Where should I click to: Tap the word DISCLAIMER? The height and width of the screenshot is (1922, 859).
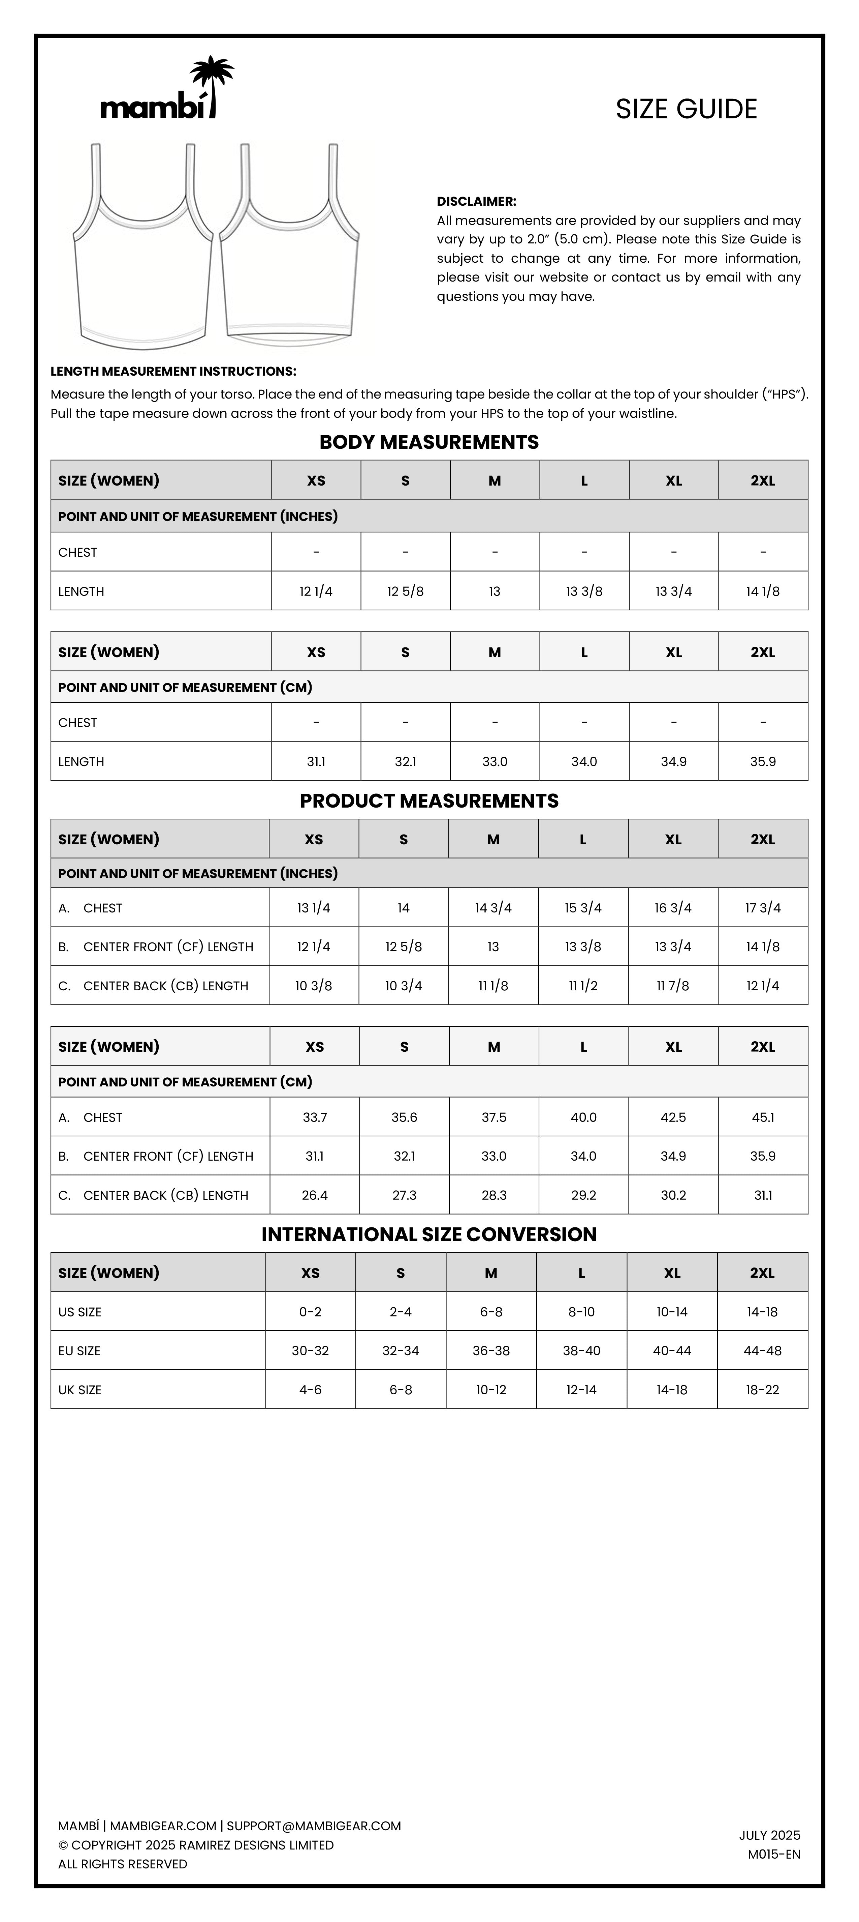click(x=476, y=201)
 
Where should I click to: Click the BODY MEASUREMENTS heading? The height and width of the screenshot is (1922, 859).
click(x=429, y=442)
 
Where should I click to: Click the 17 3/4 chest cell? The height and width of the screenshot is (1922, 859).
click(x=762, y=908)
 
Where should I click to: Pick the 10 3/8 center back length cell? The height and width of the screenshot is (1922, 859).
click(x=313, y=986)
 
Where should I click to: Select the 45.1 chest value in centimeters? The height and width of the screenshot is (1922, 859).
click(x=762, y=1117)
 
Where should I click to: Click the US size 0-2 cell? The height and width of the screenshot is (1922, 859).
click(x=310, y=1312)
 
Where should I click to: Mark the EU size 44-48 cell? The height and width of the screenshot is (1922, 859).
click(x=762, y=1350)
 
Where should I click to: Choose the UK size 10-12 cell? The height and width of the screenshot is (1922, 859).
click(x=491, y=1390)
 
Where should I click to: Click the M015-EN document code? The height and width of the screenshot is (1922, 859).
click(x=773, y=1854)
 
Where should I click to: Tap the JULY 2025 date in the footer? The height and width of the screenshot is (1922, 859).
click(x=769, y=1835)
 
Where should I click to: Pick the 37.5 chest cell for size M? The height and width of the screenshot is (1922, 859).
click(x=494, y=1117)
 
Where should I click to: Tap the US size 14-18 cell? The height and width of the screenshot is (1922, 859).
click(x=762, y=1312)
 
